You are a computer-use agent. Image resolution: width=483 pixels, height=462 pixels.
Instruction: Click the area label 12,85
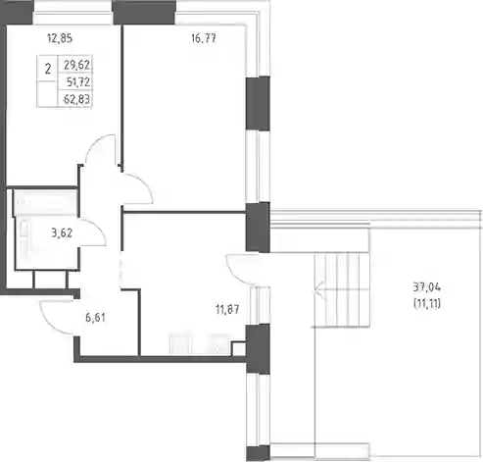[60, 38]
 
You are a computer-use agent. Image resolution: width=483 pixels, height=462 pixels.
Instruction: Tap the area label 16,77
[204, 38]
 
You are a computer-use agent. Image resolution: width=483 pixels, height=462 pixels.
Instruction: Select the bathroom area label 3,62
[62, 233]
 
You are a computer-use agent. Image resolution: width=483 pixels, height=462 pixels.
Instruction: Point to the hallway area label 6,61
[95, 317]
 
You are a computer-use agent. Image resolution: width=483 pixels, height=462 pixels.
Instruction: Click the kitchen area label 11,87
[227, 309]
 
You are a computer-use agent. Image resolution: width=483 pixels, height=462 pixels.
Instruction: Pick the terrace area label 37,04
[427, 287]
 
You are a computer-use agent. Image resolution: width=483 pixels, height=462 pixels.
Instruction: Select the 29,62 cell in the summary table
[76, 65]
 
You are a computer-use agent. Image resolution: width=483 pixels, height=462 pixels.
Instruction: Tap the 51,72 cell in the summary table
[78, 81]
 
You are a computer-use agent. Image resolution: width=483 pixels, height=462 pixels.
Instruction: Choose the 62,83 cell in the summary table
[76, 99]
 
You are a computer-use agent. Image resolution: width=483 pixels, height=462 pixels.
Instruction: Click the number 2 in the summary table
[48, 69]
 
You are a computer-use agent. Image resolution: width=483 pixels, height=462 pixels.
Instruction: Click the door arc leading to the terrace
[232, 274]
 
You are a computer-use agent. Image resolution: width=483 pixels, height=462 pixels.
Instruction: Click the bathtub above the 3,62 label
[45, 202]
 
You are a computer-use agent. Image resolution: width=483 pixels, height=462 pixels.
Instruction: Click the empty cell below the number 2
[48, 94]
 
